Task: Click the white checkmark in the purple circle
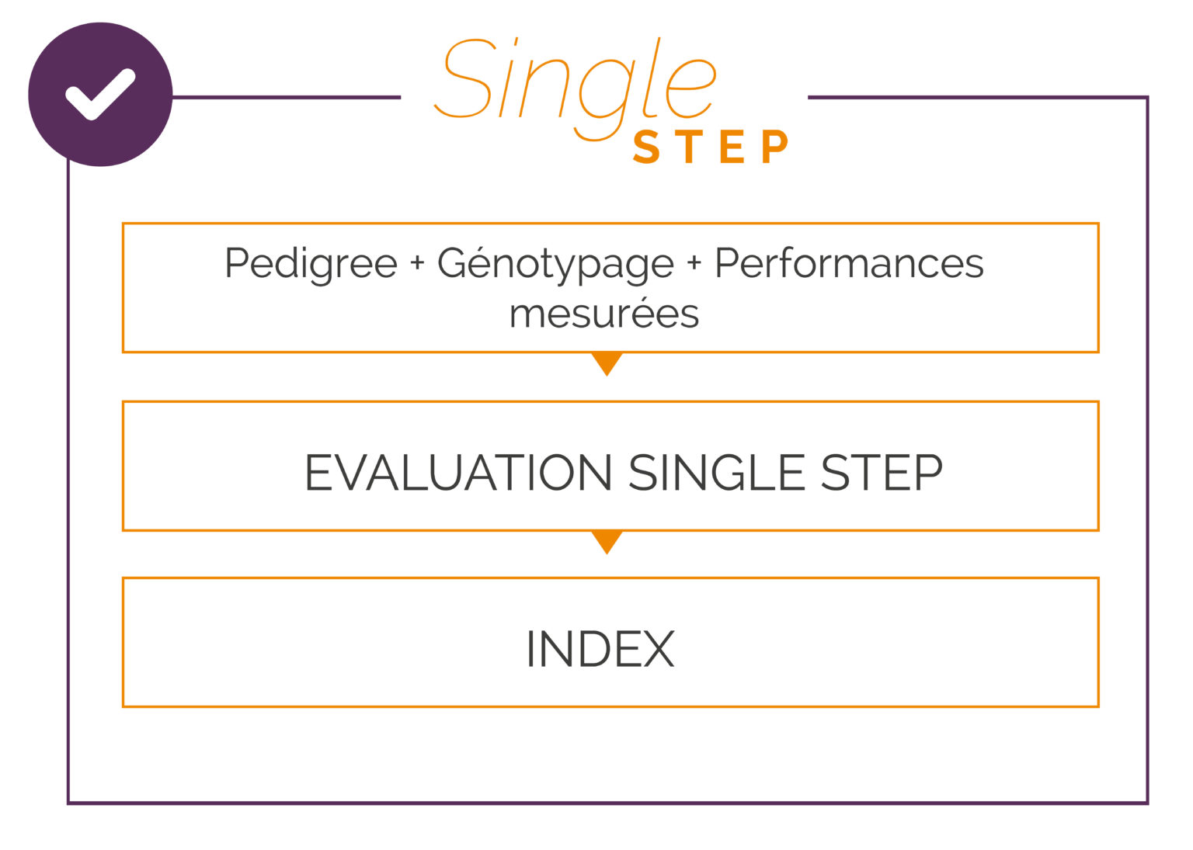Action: pyautogui.click(x=100, y=95)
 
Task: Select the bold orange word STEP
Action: pyautogui.click(x=711, y=147)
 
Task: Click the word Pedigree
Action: pyautogui.click(x=311, y=264)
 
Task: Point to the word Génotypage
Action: pyautogui.click(x=555, y=265)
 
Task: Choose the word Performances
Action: pyautogui.click(x=849, y=264)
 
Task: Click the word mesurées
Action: pyautogui.click(x=604, y=314)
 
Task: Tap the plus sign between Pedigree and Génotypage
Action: pyautogui.click(x=417, y=264)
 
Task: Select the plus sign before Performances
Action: pyautogui.click(x=694, y=264)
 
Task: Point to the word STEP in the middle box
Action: pyautogui.click(x=882, y=473)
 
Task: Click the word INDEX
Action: pyautogui.click(x=600, y=649)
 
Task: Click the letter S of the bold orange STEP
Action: pyautogui.click(x=646, y=147)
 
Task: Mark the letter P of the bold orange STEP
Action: pyautogui.click(x=774, y=147)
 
